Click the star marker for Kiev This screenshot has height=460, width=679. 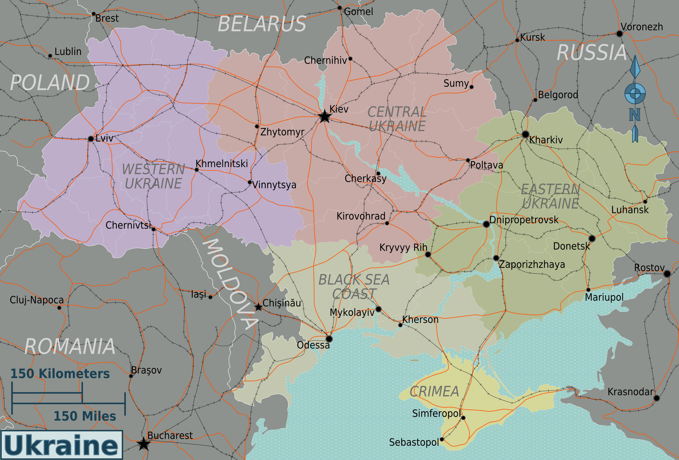click(324, 117)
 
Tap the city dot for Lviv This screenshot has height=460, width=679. click(91, 139)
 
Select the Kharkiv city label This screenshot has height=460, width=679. click(546, 140)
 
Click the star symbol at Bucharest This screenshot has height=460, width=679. click(143, 444)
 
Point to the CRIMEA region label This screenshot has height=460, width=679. click(434, 392)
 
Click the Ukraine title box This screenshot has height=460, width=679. click(61, 445)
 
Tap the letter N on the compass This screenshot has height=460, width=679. click(635, 115)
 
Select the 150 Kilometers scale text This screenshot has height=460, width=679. click(60, 374)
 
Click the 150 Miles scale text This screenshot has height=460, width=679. click(85, 416)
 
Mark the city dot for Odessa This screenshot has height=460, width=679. click(329, 339)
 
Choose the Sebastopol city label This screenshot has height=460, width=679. click(414, 442)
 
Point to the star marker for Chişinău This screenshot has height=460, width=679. click(258, 307)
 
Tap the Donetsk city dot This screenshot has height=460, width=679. click(592, 238)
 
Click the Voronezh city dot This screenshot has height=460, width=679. click(619, 33)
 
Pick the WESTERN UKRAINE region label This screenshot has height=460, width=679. click(153, 177)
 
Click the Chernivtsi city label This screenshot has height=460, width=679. click(128, 225)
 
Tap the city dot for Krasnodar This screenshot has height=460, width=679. click(656, 398)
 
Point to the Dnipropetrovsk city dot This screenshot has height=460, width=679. click(486, 224)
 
